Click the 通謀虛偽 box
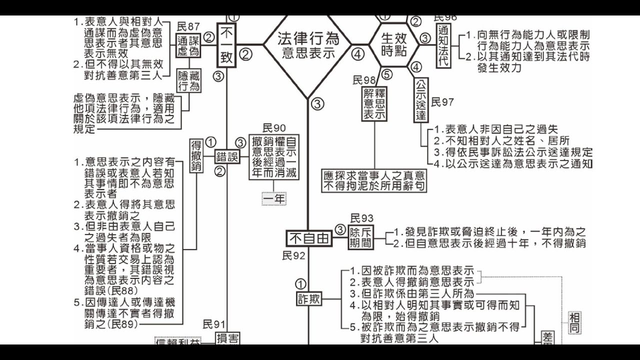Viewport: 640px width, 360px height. pyautogui.click(x=187, y=45)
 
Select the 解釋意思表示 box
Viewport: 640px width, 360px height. pyautogui.click(x=374, y=103)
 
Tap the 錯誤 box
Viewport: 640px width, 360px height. pyautogui.click(x=227, y=157)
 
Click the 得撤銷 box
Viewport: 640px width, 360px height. pyautogui.click(x=196, y=156)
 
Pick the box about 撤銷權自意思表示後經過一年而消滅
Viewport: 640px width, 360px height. pyautogui.click(x=274, y=156)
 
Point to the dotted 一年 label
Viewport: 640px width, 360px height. pyautogui.click(x=274, y=198)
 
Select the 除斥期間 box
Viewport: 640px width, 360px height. pyautogui.click(x=360, y=238)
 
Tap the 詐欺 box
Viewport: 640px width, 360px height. pyautogui.click(x=309, y=299)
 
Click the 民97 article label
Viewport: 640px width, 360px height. pyautogui.click(x=442, y=102)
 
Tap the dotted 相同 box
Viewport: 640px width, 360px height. pyautogui.click(x=575, y=322)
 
